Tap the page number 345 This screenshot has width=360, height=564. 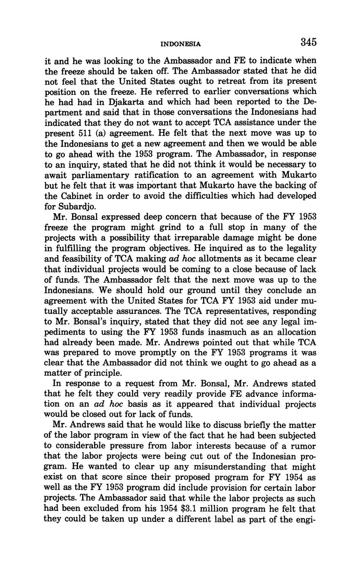click(309, 42)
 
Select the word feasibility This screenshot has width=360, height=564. click(84, 259)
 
